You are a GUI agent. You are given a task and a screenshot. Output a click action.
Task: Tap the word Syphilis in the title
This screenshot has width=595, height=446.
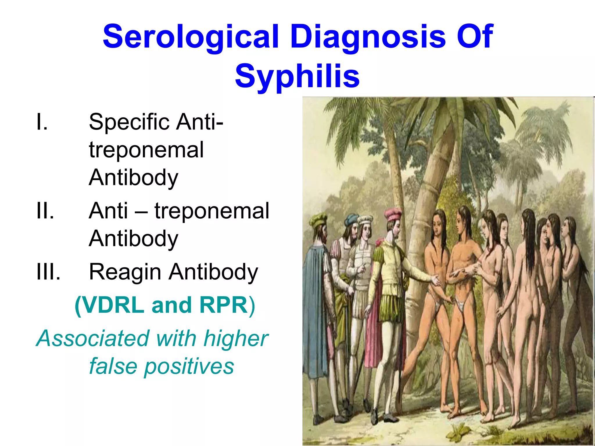297,76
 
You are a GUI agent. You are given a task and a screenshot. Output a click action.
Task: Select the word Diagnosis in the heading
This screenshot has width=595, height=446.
368,37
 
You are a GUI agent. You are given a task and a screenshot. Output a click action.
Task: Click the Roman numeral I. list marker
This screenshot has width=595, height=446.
42,122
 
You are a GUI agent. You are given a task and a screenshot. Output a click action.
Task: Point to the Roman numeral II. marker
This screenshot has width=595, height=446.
45,211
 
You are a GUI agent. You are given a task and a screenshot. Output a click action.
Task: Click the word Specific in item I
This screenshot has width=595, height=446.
129,122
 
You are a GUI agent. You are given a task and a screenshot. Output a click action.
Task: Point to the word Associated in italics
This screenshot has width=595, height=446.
93,338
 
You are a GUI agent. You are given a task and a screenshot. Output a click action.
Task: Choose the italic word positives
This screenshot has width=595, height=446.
189,366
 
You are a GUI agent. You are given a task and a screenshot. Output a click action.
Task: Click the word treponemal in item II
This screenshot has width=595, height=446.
212,211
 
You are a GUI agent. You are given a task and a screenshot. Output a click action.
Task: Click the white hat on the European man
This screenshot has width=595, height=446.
365,220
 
